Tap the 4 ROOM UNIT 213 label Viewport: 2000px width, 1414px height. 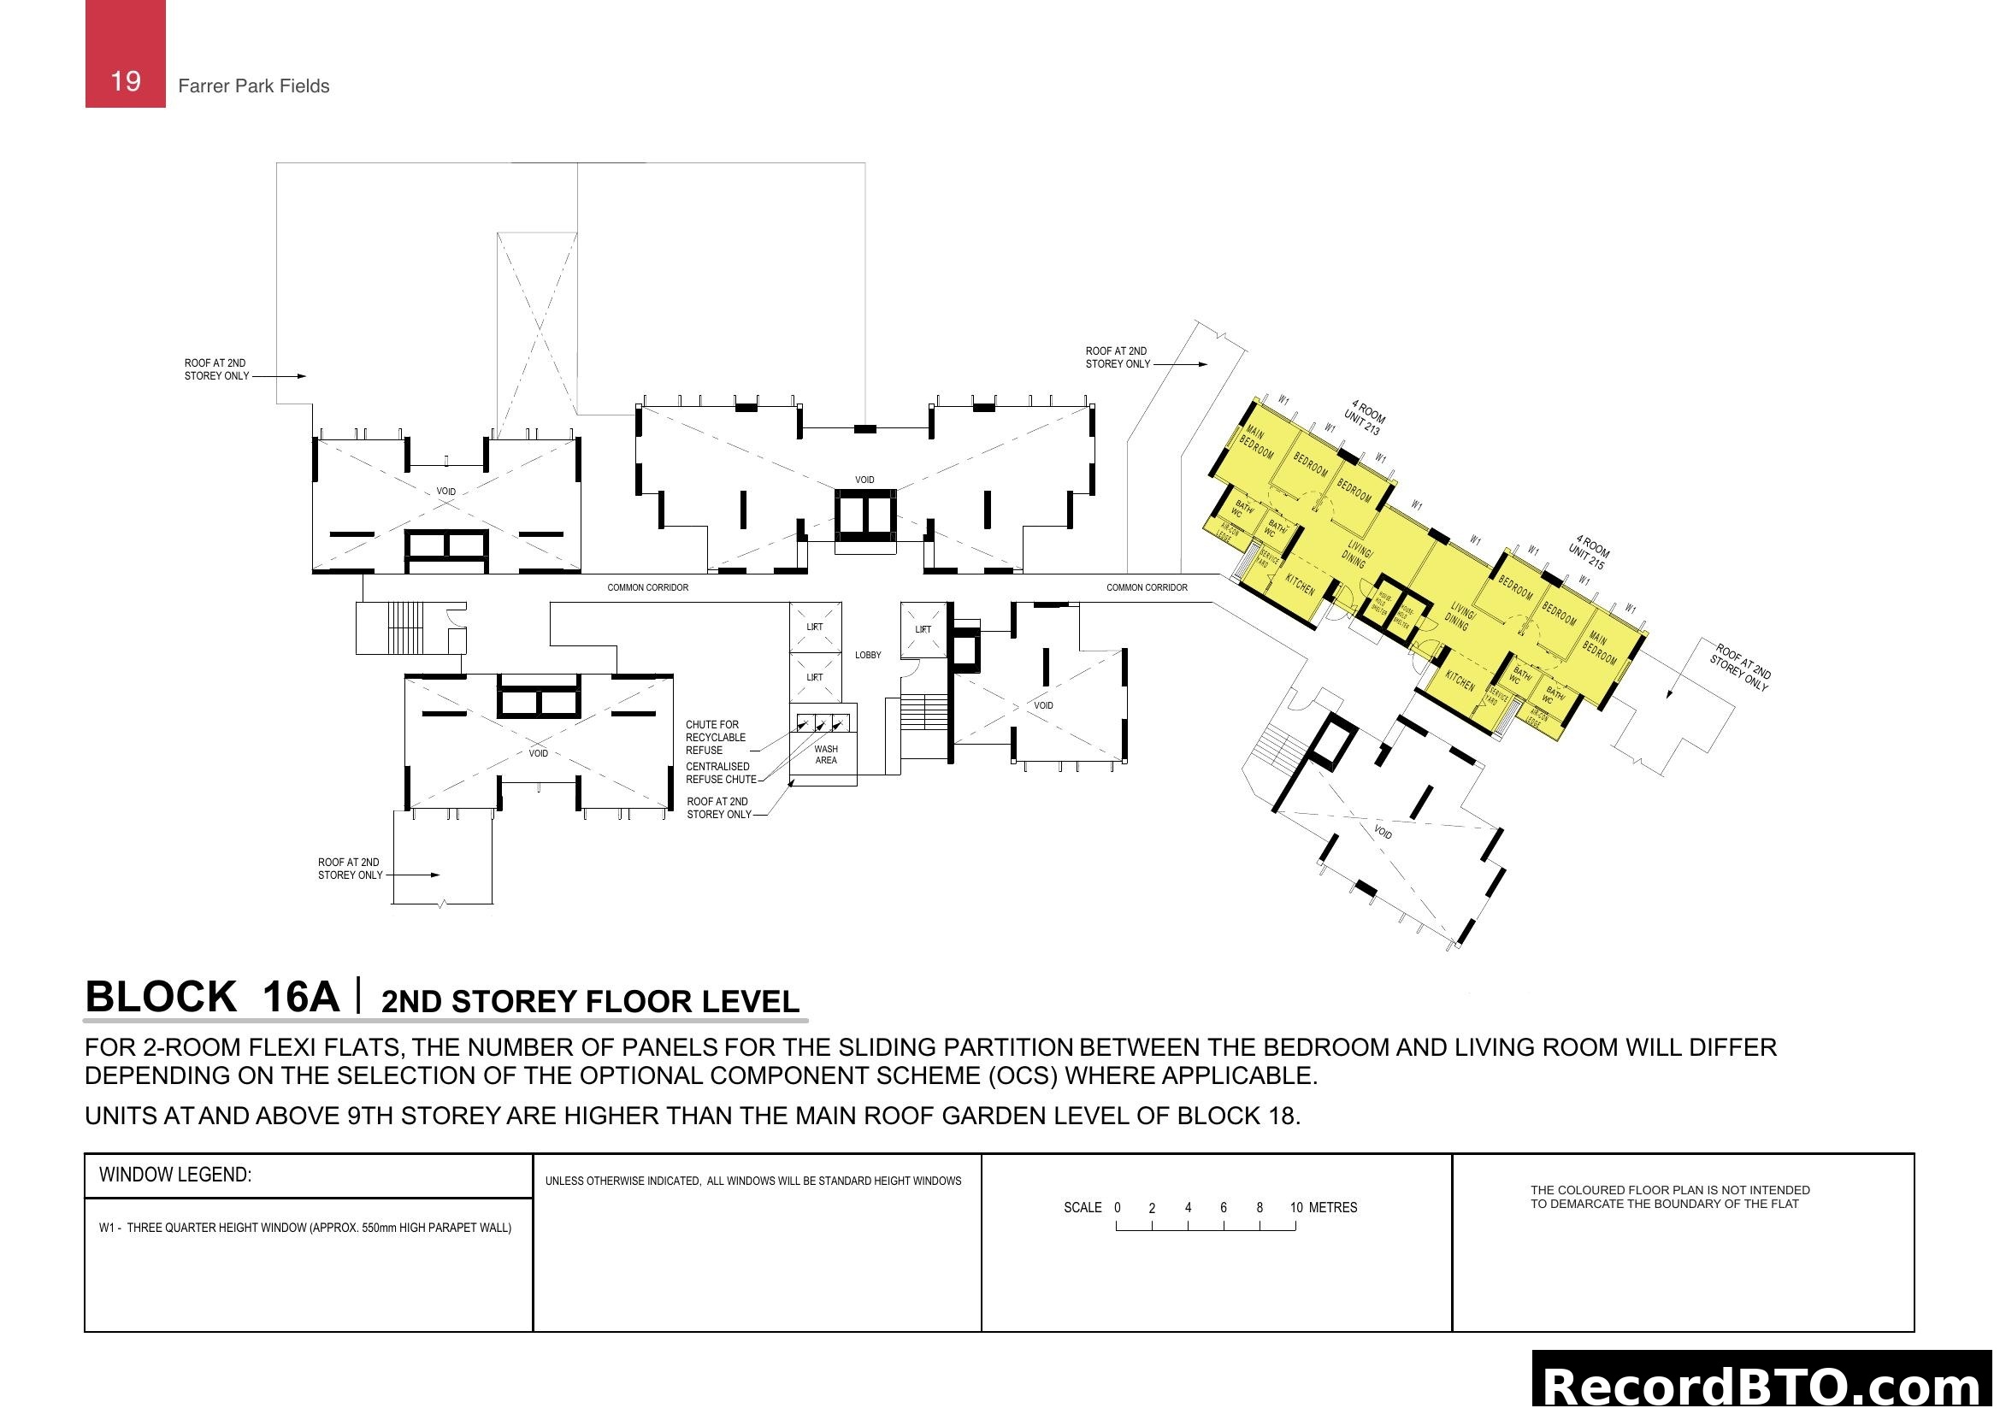(1364, 417)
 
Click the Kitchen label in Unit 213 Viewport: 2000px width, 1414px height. (1301, 584)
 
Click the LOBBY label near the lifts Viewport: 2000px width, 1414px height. (868, 655)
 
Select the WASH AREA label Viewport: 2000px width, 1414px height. (826, 755)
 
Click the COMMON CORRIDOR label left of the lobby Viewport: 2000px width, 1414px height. (647, 587)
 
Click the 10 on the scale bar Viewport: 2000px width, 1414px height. (1296, 1208)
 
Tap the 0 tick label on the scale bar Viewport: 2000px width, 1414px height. (1118, 1208)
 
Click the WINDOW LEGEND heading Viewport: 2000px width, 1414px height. (175, 1175)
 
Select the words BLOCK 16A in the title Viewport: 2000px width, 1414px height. (212, 997)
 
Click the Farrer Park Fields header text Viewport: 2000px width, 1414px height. (253, 86)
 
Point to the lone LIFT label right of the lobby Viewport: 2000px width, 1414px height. (923, 629)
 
